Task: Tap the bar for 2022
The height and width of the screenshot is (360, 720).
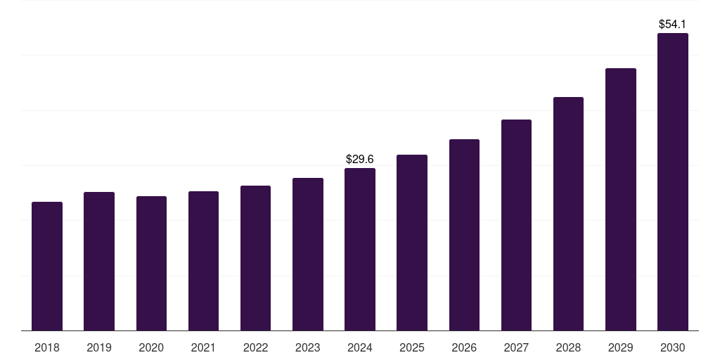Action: coord(255,258)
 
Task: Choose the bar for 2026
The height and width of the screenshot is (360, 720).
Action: coord(464,235)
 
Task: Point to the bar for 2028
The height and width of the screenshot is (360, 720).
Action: coord(568,214)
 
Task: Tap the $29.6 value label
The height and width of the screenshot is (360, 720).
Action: coord(360,160)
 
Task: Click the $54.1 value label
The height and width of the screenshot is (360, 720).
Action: coord(672,25)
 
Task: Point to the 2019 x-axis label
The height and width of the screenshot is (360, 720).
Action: coord(99,347)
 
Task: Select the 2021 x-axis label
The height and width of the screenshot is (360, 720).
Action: coord(203,347)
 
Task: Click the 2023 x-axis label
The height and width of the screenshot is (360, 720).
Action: coord(307,347)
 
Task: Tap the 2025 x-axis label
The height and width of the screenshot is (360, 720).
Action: coord(412,347)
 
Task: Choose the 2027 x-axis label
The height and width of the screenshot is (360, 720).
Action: coord(516,347)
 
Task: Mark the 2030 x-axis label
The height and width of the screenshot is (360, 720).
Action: coord(672,347)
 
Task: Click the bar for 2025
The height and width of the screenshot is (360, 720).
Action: coord(412,243)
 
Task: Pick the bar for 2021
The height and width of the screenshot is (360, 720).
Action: coord(203,261)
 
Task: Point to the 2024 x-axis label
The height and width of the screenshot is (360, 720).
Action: coord(360,347)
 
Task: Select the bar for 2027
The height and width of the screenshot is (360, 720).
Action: coord(516,225)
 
